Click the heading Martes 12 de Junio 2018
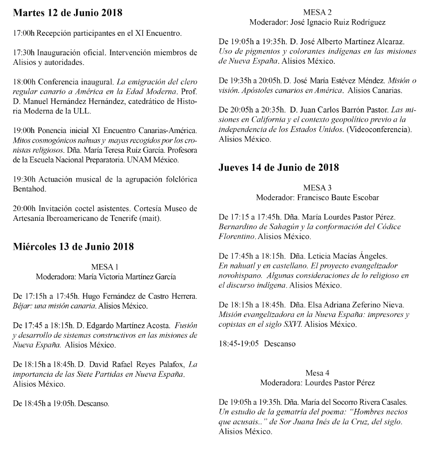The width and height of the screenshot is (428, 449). [x=68, y=13]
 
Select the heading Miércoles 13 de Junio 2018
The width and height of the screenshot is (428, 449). [x=74, y=246]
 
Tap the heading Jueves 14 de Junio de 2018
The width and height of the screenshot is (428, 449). [x=279, y=167]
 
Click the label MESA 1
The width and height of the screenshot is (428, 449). [x=106, y=267]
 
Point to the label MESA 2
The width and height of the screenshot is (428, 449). [x=318, y=13]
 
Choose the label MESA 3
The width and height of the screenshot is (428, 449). [x=318, y=187]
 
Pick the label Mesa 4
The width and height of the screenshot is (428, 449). [x=318, y=372]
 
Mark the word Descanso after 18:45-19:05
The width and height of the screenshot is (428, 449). [x=280, y=343]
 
